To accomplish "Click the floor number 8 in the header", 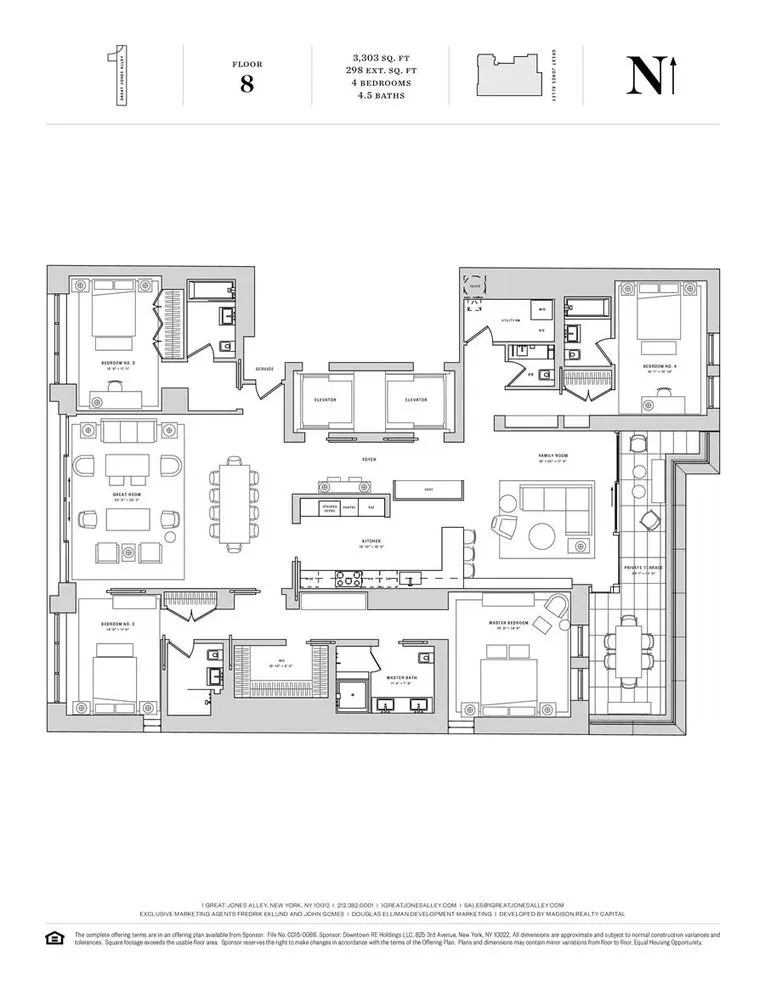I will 246,83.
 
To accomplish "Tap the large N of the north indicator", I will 641,76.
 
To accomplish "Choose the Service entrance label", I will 264,368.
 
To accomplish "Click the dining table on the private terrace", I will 628,651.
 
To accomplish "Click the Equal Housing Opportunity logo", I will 54,937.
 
